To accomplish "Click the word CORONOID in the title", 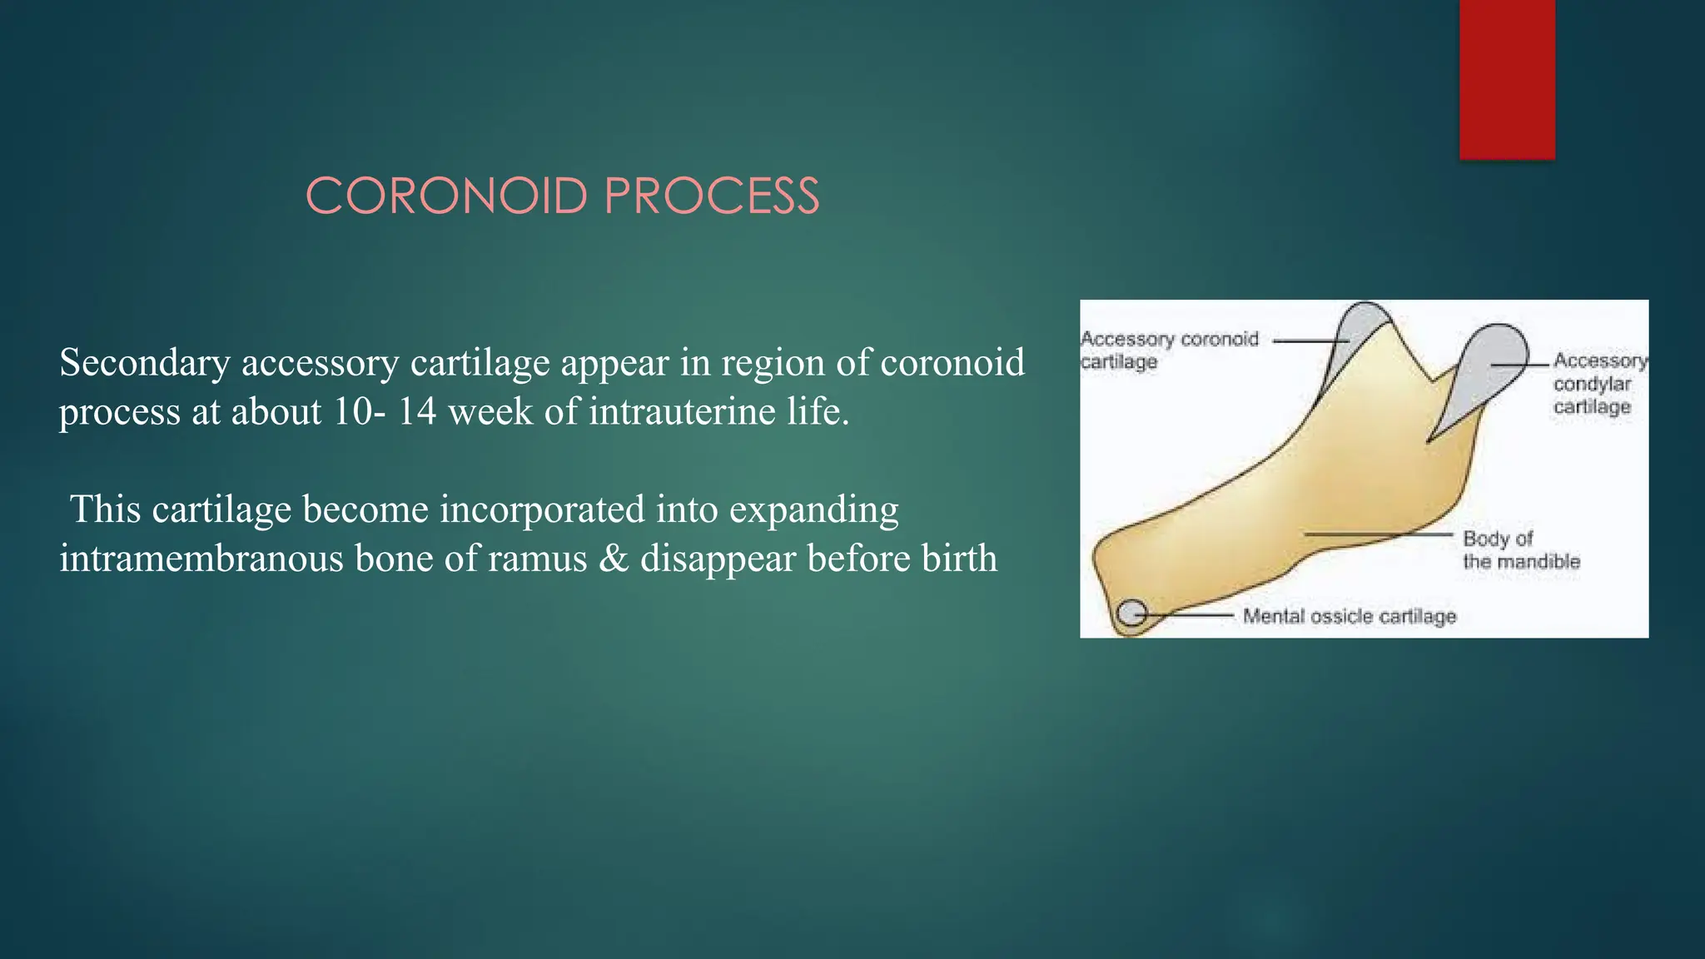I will [x=447, y=196].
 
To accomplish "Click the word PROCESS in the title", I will [x=712, y=196].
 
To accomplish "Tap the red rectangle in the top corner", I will [x=1507, y=79].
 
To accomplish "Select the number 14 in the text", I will [x=416, y=411].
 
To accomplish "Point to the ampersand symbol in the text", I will [x=614, y=558].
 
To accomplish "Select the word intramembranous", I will [x=199, y=558].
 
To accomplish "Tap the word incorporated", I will [x=542, y=509].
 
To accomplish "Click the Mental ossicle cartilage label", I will [x=1349, y=616].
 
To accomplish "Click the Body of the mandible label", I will [x=1520, y=549].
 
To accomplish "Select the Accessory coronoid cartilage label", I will [x=1169, y=350].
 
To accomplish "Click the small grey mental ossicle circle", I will [x=1131, y=614].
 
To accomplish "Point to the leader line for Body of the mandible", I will [x=1378, y=534].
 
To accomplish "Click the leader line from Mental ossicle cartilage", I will [x=1191, y=615].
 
